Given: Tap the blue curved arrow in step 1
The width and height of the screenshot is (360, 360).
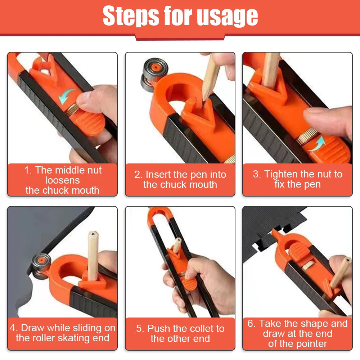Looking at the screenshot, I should [67, 96].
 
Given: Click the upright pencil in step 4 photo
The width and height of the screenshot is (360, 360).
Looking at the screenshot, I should [93, 256].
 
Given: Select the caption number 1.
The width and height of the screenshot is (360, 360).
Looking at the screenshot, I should [27, 170].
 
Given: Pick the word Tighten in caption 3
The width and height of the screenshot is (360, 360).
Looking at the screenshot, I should [280, 175].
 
